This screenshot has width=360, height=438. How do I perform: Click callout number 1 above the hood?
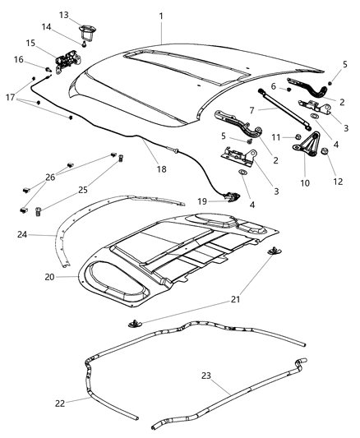(161, 16)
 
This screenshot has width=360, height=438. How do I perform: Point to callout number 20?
(48, 277)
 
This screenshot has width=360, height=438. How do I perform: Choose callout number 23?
(206, 375)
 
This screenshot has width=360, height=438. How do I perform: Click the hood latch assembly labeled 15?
(66, 60)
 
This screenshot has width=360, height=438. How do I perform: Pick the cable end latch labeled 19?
(233, 196)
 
